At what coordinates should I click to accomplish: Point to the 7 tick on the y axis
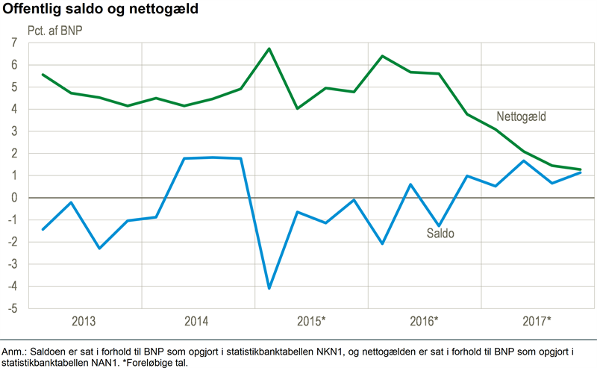point(14,43)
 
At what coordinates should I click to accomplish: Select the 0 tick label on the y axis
point(14,198)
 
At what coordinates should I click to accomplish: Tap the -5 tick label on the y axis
point(12,308)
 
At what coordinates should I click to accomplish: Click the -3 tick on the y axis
point(12,264)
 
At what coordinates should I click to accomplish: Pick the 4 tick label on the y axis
point(14,109)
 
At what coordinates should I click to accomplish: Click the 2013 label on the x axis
point(84,322)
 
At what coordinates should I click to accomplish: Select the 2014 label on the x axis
point(197,322)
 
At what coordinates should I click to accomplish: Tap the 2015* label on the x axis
point(312,322)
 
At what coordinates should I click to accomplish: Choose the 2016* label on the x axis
point(425,322)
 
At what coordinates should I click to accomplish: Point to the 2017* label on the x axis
point(538,322)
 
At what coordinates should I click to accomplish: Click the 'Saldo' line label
point(440,234)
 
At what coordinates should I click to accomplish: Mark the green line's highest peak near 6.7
point(269,49)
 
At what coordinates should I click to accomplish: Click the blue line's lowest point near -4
point(269,288)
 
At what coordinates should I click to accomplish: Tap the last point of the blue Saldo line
point(581,172)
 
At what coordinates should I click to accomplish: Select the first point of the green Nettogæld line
point(43,75)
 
